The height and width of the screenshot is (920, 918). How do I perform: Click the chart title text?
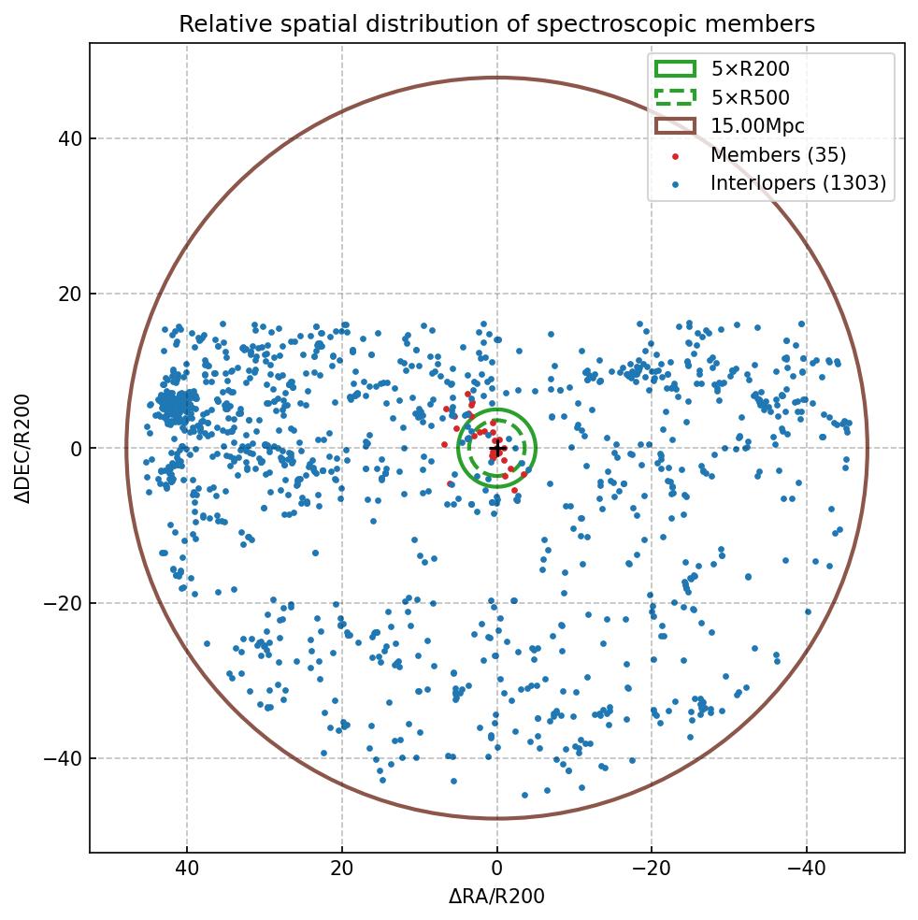pos(496,24)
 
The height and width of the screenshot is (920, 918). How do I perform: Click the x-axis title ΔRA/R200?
pos(496,897)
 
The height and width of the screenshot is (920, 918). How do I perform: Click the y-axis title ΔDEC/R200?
pos(24,449)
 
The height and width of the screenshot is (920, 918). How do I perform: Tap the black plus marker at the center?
pos(497,449)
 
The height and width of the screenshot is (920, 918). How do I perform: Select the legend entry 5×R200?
pos(750,68)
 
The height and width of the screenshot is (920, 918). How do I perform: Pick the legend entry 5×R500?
pos(750,97)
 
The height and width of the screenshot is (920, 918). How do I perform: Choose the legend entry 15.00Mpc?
pos(757,126)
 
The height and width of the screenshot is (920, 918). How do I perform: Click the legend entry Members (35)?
pos(778,155)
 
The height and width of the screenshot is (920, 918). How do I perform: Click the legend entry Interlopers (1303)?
pos(797,183)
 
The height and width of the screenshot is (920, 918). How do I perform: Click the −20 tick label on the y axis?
pos(64,604)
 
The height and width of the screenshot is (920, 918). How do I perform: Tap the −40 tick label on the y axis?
pos(64,758)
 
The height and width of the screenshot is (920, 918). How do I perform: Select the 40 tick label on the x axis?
pos(187,870)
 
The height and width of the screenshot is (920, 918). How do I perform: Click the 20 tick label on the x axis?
pos(342,870)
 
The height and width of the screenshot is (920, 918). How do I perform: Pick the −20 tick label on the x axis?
pos(652,870)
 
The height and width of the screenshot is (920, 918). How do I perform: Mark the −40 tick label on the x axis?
pos(806,870)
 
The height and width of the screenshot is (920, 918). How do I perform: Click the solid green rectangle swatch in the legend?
pos(675,68)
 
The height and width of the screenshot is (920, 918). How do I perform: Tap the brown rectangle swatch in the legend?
pos(675,126)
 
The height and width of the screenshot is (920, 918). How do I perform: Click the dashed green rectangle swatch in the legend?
pos(675,97)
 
